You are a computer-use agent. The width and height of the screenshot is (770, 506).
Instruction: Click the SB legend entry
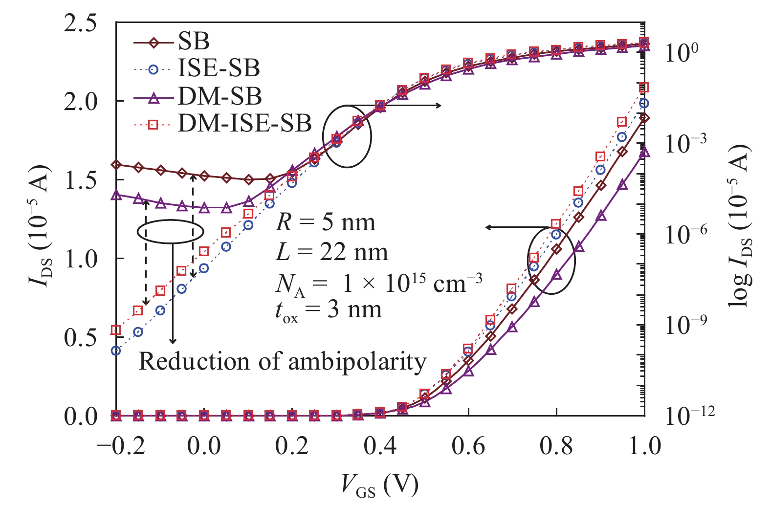194,42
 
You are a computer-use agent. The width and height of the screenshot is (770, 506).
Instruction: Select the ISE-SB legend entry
219,68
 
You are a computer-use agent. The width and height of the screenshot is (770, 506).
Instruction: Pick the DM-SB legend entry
220,96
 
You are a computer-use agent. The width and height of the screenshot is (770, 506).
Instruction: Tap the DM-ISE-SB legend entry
244,123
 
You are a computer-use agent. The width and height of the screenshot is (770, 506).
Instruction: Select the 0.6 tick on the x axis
467,446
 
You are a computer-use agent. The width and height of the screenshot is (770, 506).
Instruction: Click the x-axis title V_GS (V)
379,485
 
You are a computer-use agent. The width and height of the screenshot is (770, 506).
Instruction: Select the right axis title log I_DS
740,226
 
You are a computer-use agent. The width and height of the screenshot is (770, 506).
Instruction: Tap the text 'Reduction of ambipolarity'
283,362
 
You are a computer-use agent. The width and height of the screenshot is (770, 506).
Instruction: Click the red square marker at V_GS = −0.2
116,330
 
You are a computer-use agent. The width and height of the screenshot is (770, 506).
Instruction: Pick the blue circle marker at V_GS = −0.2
116,351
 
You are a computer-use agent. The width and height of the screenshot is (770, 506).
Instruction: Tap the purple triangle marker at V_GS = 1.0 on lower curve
644,152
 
